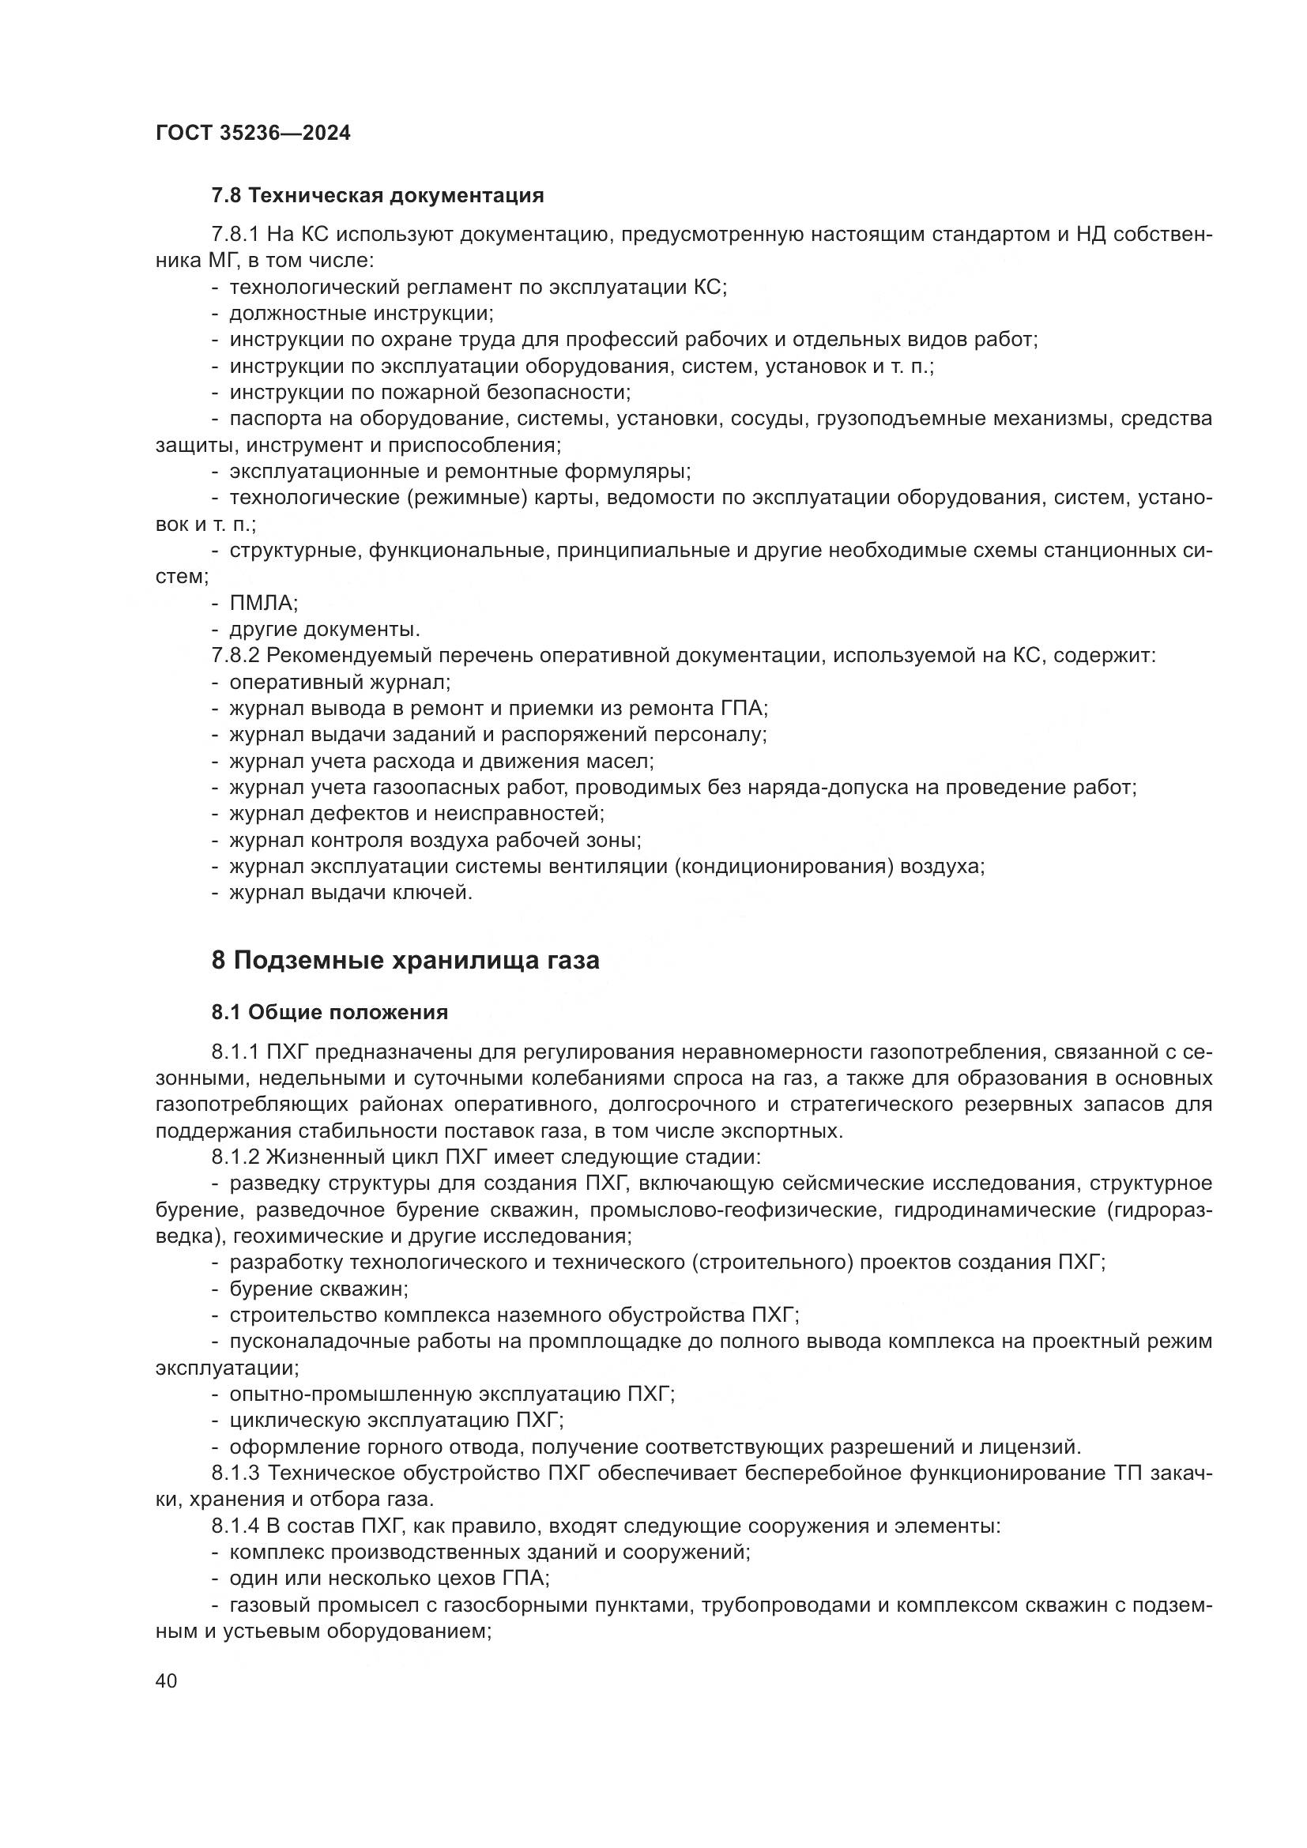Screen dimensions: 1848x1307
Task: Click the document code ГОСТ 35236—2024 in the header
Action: (253, 134)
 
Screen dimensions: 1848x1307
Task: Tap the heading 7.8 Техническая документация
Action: (378, 196)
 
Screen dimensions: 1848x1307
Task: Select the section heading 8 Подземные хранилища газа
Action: (405, 960)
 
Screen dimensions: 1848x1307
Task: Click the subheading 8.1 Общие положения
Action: (330, 1012)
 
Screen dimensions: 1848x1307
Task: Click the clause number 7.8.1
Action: (235, 235)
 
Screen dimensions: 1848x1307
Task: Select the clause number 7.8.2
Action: (235, 656)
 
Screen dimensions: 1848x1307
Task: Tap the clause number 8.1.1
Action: (235, 1052)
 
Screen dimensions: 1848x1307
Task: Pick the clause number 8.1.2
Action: (235, 1157)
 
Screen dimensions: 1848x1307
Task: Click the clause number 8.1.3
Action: (235, 1474)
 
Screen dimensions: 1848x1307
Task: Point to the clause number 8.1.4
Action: (235, 1527)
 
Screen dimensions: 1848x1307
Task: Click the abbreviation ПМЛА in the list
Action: (262, 603)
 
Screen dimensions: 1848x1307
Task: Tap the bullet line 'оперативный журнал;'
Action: (340, 683)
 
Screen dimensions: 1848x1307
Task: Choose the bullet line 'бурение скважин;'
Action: (318, 1289)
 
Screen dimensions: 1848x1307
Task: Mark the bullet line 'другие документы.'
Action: (325, 630)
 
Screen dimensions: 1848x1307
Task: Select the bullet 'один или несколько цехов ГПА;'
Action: (390, 1579)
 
